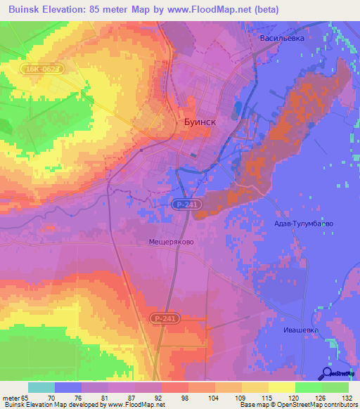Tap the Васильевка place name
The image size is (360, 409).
(281, 39)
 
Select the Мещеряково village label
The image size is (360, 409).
(172, 241)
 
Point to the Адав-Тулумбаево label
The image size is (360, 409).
(303, 223)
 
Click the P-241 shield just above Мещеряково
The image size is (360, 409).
(184, 204)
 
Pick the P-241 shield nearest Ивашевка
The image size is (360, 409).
(163, 318)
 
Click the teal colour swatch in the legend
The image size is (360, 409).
(41, 387)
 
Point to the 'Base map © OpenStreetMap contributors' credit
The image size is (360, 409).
(297, 405)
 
